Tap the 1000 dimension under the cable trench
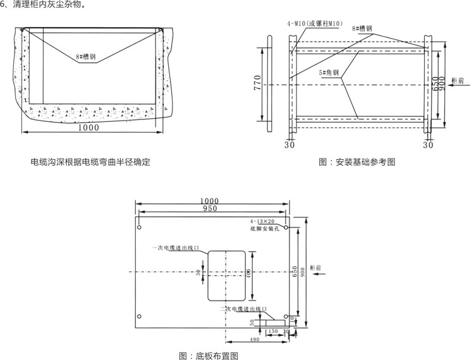88,127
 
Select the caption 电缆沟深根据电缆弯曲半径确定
90,162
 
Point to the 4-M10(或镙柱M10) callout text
315,23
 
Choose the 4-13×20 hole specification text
262,222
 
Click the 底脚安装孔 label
264,229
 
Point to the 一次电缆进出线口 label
176,248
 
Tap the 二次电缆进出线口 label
243,309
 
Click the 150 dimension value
272,330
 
